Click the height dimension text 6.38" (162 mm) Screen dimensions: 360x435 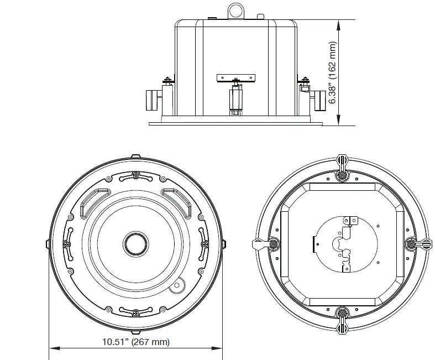(x=333, y=72)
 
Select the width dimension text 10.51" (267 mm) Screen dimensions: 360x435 (x=135, y=342)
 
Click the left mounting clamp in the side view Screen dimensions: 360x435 (x=151, y=100)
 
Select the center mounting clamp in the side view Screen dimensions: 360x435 (x=236, y=98)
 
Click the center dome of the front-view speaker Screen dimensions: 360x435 (x=135, y=242)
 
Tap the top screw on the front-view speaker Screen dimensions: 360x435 (x=136, y=176)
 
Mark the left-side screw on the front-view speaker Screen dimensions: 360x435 (x=67, y=243)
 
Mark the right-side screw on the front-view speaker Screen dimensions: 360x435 (x=204, y=243)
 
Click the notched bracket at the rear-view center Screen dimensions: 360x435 (x=347, y=243)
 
